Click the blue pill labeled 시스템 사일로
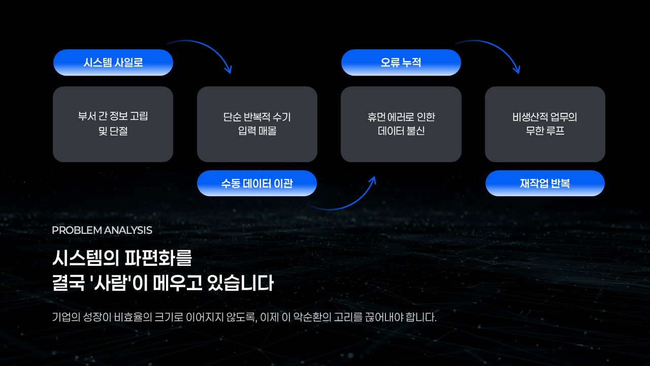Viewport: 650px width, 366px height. click(x=113, y=63)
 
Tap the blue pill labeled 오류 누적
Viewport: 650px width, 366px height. click(x=401, y=63)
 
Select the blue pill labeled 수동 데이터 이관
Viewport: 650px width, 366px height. click(x=256, y=184)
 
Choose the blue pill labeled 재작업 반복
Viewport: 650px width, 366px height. click(x=545, y=184)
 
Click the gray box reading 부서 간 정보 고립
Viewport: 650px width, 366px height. click(x=113, y=124)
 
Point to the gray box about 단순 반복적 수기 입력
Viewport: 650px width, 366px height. click(x=257, y=124)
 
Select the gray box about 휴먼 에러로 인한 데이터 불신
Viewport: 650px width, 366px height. click(x=401, y=124)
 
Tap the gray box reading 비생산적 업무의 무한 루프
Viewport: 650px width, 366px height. click(x=545, y=124)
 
